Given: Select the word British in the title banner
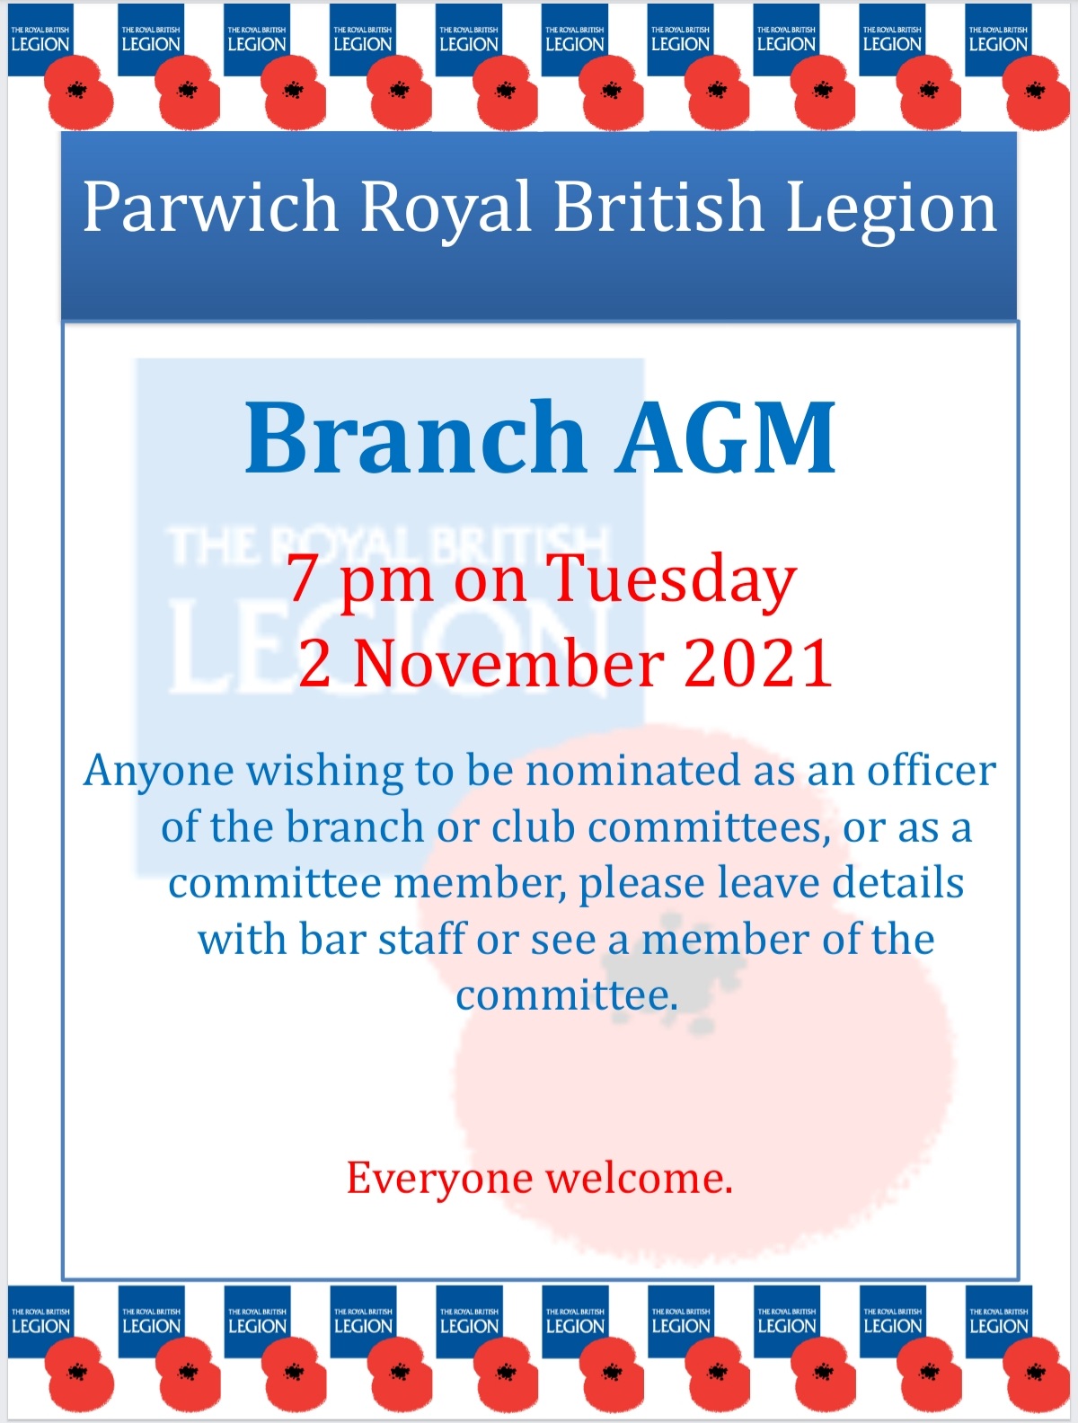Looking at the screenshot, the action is (658, 205).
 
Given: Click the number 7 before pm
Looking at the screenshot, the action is (302, 579).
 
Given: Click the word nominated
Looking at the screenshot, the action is (632, 771).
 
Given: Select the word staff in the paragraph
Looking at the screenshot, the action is (422, 940).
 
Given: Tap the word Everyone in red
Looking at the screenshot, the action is (439, 1179).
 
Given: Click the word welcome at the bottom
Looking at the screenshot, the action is (639, 1178).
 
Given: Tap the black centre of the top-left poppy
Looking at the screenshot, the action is (77, 90).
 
